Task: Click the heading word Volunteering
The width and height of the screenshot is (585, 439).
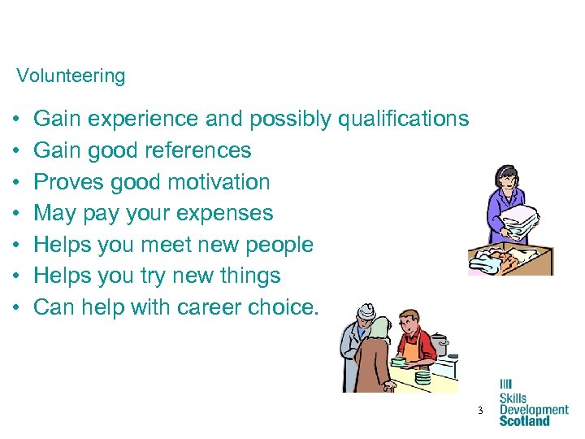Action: (x=71, y=76)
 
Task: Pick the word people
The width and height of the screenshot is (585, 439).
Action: (x=275, y=245)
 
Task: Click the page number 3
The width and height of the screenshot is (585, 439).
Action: (x=480, y=411)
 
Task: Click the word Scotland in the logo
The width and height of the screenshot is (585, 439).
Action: (x=524, y=420)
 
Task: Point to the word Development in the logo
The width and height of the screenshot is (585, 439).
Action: (x=533, y=410)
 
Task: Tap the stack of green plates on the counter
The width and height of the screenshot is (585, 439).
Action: (x=422, y=377)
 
